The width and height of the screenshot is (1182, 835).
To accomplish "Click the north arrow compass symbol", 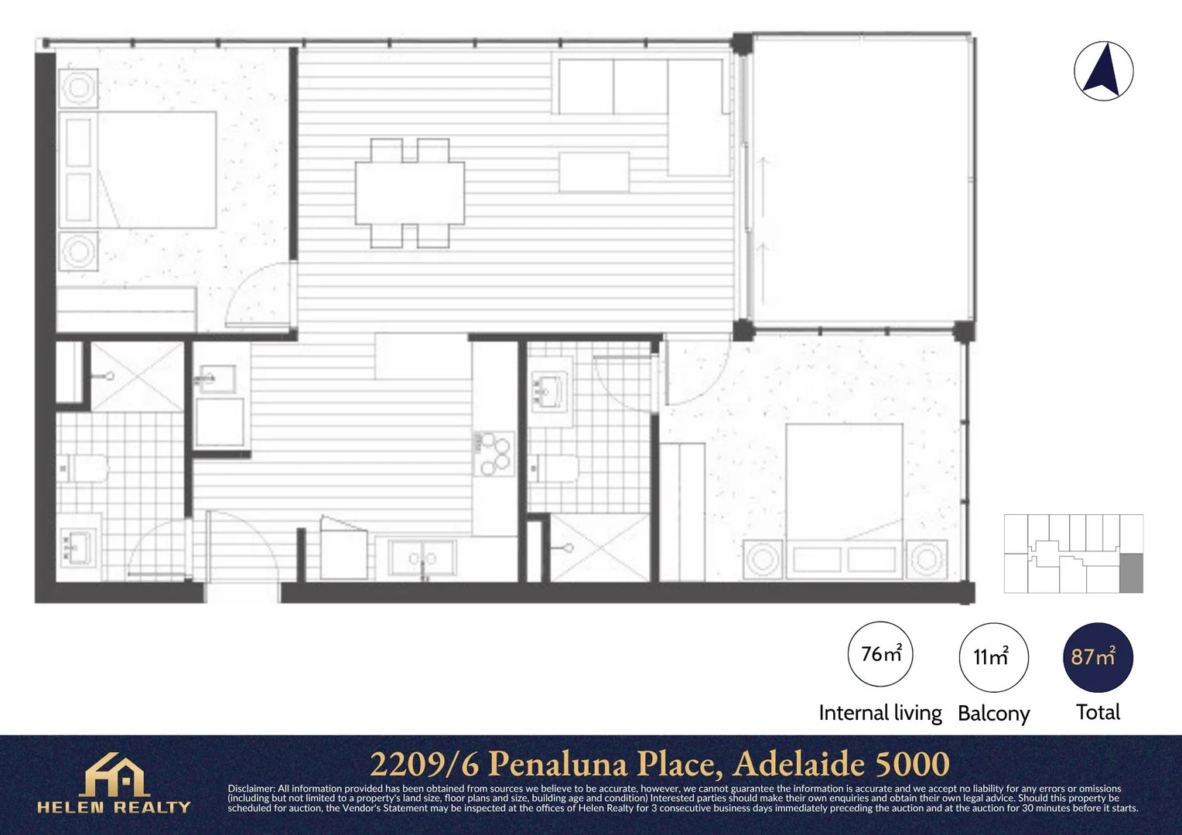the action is (x=1103, y=71).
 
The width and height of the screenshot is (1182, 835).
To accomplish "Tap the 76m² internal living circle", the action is (x=880, y=654).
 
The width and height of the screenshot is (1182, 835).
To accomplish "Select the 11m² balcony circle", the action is (x=993, y=657).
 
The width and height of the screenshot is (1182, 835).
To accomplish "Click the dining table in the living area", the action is (x=410, y=193).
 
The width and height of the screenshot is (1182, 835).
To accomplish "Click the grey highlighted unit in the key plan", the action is (x=1132, y=574).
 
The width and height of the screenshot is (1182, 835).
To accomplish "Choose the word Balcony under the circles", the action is (x=993, y=714).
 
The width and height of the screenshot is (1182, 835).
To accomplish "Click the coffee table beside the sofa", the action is (x=594, y=172).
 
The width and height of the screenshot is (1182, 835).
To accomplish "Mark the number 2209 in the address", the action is (x=410, y=764).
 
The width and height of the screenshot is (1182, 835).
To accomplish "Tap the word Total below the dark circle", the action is (x=1098, y=713).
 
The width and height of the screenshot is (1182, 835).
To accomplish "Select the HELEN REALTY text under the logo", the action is (x=114, y=807).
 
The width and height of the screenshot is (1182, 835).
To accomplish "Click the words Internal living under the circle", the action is (x=880, y=713).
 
